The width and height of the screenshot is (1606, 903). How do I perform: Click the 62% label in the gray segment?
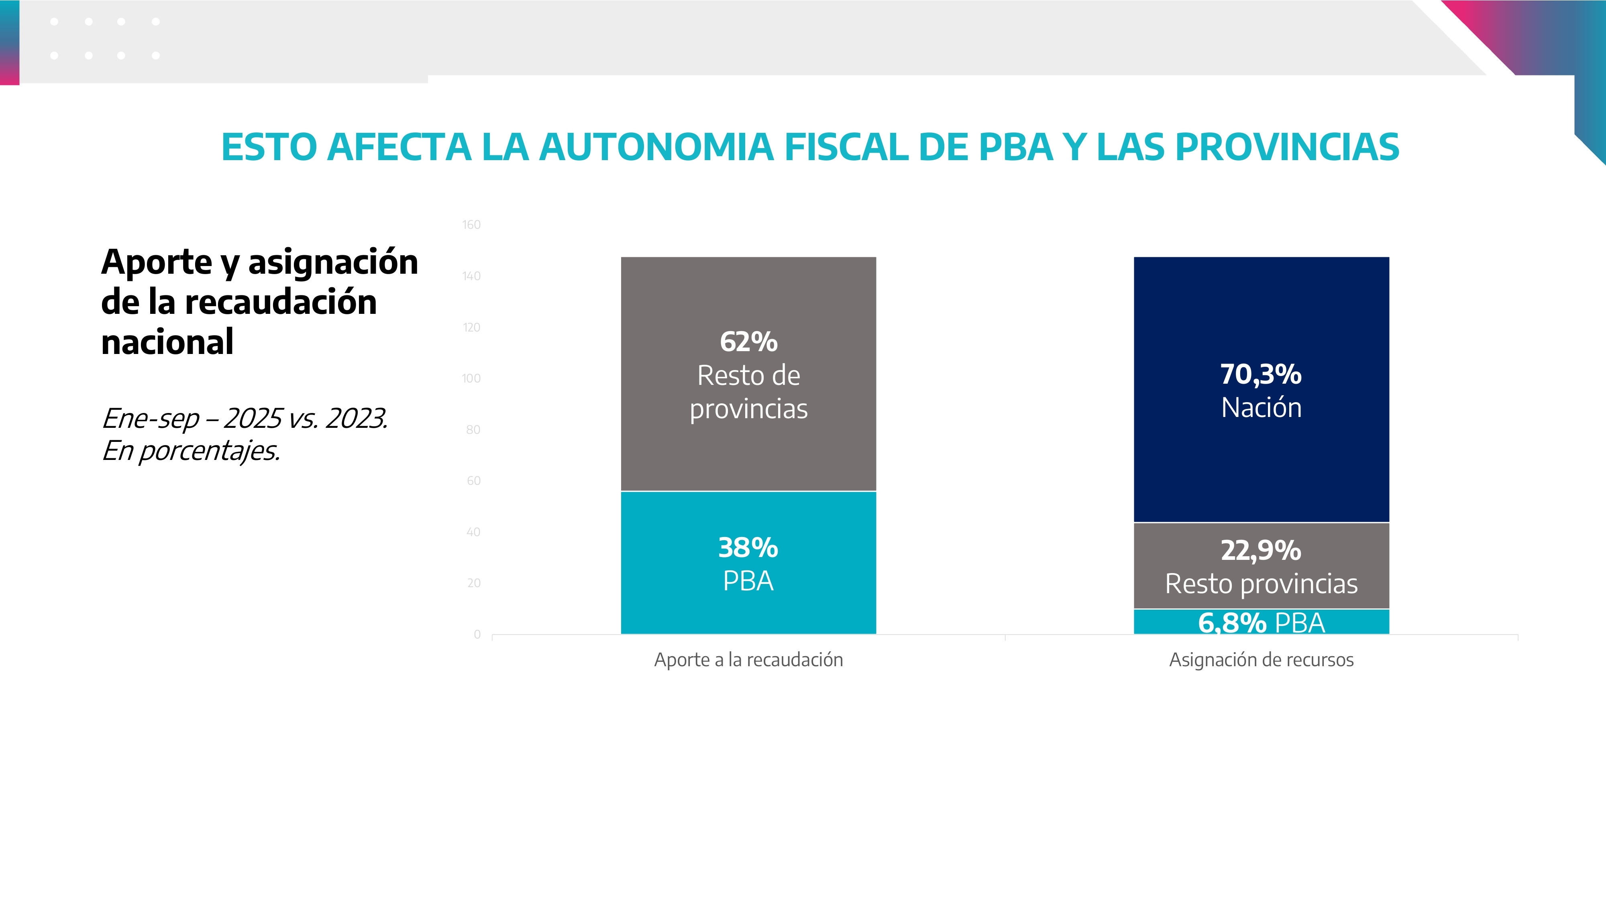pos(748,342)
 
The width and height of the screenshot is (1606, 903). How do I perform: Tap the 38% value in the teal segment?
pos(748,548)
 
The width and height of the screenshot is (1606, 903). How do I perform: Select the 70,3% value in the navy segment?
pos(1261,374)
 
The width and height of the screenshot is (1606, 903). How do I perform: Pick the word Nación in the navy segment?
pos(1261,408)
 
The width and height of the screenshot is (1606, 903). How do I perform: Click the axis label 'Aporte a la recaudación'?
pos(748,659)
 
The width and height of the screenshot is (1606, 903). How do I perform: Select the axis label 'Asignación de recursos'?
pos(1261,659)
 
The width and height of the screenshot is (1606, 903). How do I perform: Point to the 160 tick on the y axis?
pos(471,225)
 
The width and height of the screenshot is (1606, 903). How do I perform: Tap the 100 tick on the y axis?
pos(471,378)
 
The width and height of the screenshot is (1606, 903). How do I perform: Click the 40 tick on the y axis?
pos(473,532)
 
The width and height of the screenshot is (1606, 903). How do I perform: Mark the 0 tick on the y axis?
pos(477,635)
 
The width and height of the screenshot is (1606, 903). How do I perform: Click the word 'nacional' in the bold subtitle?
pos(167,342)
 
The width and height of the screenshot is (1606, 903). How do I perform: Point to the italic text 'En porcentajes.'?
pos(191,451)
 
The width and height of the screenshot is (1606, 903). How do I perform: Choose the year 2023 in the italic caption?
pos(356,418)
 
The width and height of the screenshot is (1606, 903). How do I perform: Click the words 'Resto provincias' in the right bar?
pos(1261,584)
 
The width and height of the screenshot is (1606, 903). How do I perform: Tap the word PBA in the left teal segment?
pos(748,581)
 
